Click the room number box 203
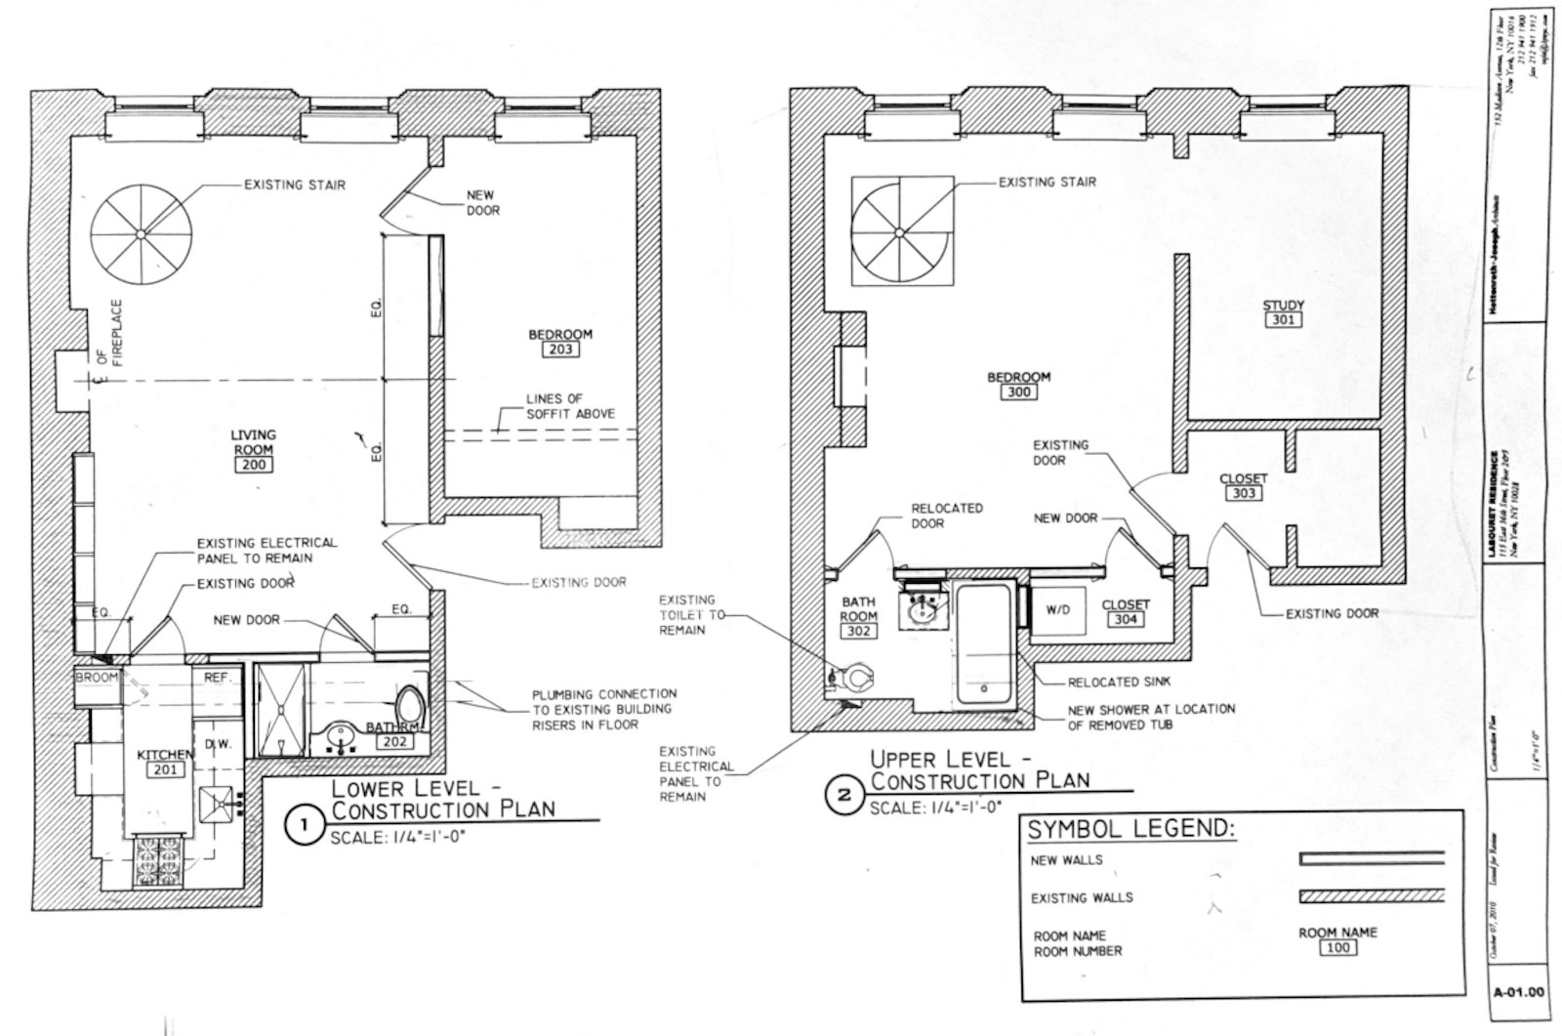click(x=560, y=350)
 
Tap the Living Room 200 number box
click(x=252, y=465)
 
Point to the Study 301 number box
click(x=1283, y=320)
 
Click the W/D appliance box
click(x=1057, y=610)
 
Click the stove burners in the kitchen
click(x=158, y=858)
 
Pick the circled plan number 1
click(x=304, y=826)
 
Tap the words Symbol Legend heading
click(x=1130, y=830)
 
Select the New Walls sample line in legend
click(x=1371, y=859)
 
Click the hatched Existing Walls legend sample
click(x=1371, y=896)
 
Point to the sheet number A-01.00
click(x=1519, y=993)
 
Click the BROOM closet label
click(x=97, y=678)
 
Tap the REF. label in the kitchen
click(x=216, y=677)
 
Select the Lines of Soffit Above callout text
click(x=570, y=406)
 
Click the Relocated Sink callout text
click(x=1118, y=683)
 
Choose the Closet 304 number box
click(x=1125, y=619)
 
